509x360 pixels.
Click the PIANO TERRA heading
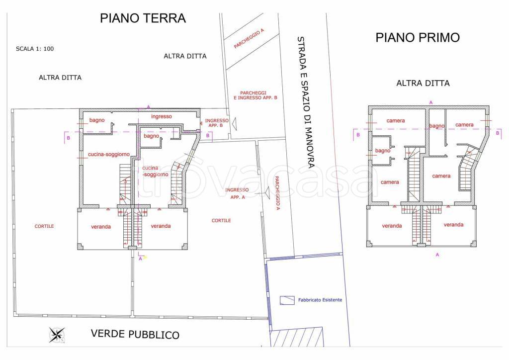point(143,18)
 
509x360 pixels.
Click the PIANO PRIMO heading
point(418,38)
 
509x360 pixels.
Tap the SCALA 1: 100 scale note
point(35,49)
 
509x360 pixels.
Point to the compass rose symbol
point(57,335)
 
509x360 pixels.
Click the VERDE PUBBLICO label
point(135,334)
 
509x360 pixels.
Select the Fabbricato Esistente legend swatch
point(287,300)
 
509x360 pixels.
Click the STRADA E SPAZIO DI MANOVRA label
point(306,102)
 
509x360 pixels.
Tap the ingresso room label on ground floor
point(162,116)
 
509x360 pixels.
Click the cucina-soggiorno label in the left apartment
point(109,155)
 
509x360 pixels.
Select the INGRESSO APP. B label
point(217,123)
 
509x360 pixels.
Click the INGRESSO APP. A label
point(237,193)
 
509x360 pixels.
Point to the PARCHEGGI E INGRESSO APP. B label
point(255,95)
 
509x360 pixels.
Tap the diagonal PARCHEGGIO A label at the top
point(249,39)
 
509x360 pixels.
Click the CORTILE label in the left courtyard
point(44,226)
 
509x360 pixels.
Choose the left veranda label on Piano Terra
point(101,227)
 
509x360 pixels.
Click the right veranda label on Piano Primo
point(453,225)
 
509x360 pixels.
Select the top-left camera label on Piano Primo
point(396,121)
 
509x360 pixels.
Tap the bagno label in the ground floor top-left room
point(97,120)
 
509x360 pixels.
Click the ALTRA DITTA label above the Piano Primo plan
point(423,84)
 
